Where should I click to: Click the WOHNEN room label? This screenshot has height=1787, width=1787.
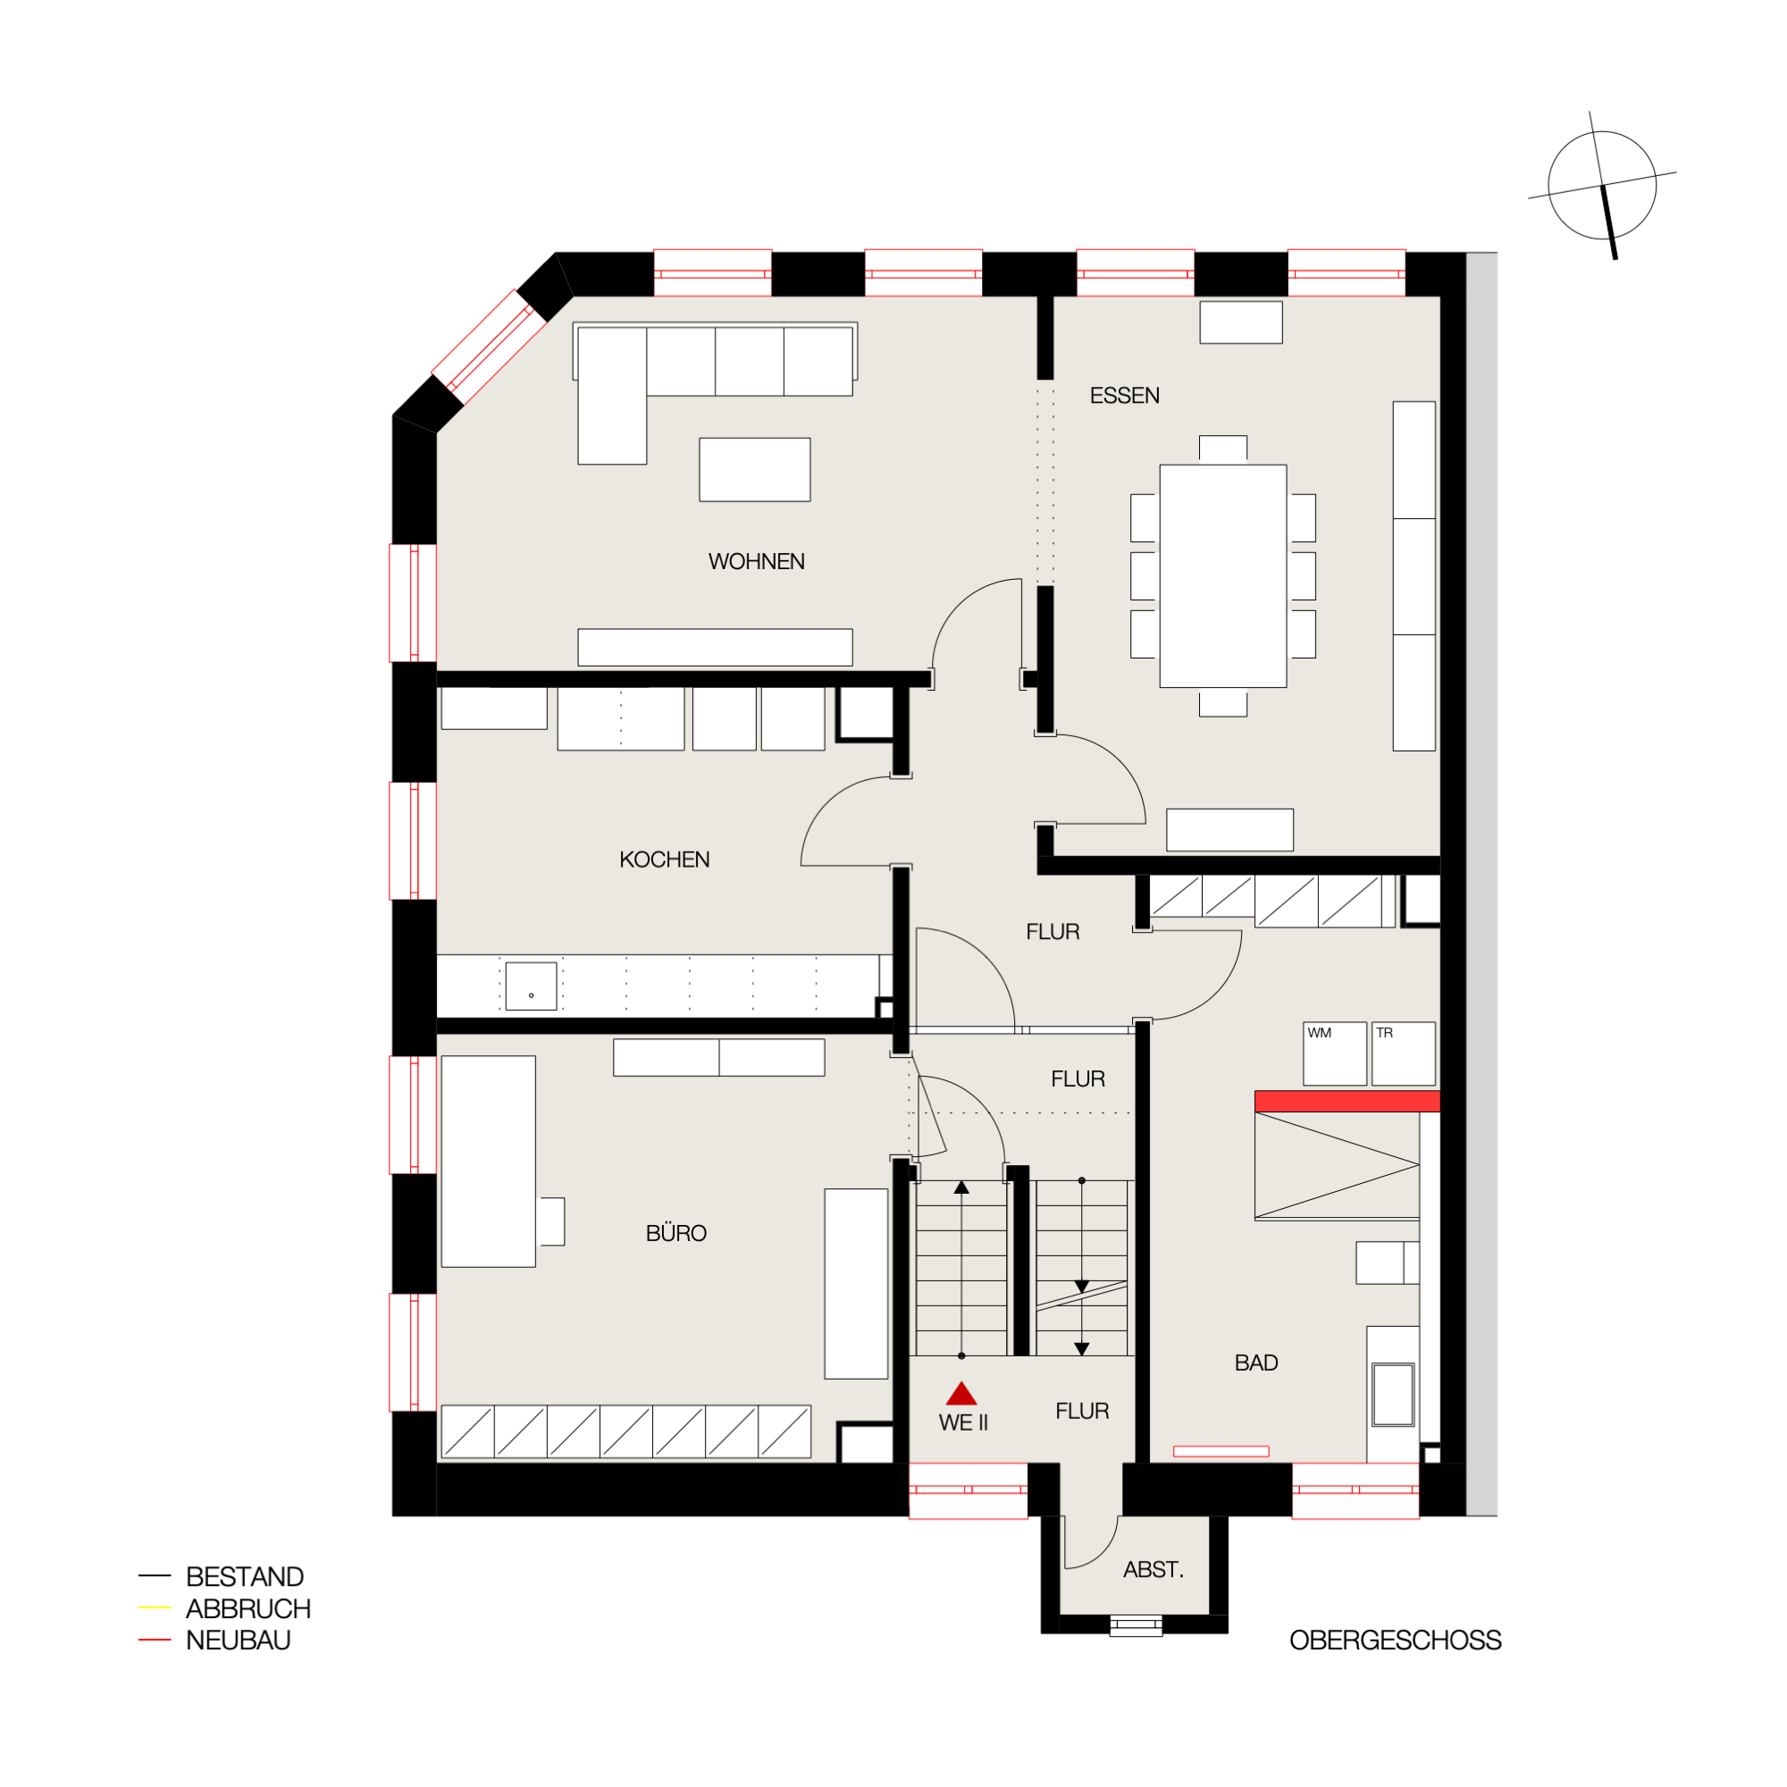[756, 561]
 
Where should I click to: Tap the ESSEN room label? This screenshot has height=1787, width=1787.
[1124, 396]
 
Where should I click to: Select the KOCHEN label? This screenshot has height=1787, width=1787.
[664, 860]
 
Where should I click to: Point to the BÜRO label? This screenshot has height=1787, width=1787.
[675, 1233]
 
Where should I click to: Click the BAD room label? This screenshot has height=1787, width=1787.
[1255, 1363]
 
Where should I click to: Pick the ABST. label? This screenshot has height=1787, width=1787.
[1153, 1570]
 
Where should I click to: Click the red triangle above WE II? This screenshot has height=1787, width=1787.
[961, 1394]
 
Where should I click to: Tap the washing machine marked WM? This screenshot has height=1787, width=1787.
[1334, 1053]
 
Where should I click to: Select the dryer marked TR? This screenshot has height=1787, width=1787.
[1402, 1053]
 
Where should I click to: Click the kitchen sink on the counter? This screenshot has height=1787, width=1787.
[530, 986]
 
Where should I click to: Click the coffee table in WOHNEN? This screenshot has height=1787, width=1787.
[754, 469]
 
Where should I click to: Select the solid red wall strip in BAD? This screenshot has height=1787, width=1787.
[1346, 1101]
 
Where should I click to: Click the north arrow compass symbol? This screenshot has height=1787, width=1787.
[1601, 185]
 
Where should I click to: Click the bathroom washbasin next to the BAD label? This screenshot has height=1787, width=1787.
[1392, 1395]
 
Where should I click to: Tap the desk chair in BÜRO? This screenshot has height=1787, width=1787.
[551, 1221]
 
